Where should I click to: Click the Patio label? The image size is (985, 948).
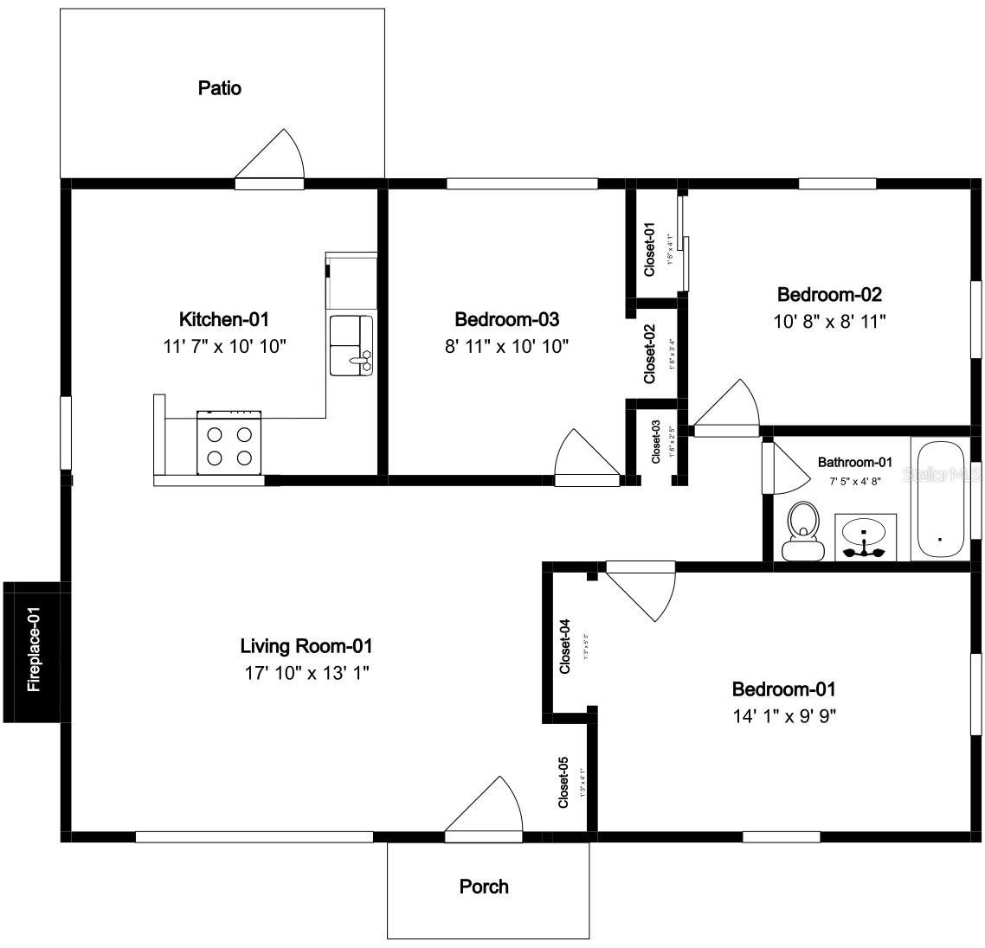(x=220, y=88)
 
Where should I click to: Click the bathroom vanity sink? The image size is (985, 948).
(x=865, y=538)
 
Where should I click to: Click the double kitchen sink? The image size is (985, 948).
(x=351, y=345)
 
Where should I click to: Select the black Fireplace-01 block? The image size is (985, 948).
(x=32, y=651)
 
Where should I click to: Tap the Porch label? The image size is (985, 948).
(x=484, y=887)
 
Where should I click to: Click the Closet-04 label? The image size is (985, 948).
(x=564, y=647)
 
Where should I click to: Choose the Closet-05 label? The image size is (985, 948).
(x=563, y=783)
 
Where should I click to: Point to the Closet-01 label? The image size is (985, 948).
(x=649, y=250)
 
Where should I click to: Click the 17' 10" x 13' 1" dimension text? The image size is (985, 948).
(x=306, y=672)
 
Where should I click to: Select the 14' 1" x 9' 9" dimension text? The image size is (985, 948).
(x=783, y=715)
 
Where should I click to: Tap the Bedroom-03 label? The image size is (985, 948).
(x=506, y=320)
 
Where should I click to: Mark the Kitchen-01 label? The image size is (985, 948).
(x=224, y=320)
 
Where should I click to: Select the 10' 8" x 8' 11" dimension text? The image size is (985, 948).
(x=829, y=321)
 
